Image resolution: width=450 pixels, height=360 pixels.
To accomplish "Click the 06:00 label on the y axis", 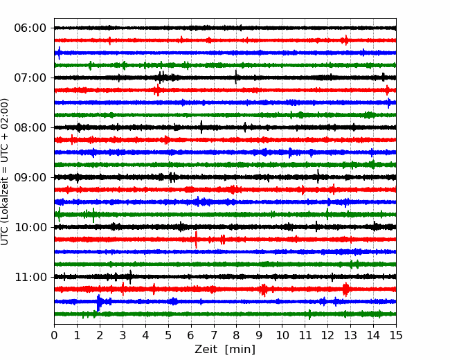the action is [30, 28].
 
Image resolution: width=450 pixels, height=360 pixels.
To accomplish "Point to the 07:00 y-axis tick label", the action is [30, 78].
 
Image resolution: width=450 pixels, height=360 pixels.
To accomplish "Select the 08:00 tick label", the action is [30, 128].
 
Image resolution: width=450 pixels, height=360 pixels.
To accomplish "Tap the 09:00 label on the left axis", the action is [30, 178].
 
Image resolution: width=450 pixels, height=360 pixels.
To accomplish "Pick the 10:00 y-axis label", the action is [30, 227].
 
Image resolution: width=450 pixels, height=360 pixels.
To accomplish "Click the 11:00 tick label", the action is [30, 278].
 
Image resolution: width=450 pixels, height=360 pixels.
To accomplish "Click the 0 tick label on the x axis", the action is [54, 335].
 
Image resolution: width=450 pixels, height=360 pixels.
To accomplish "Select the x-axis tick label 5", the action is [168, 335].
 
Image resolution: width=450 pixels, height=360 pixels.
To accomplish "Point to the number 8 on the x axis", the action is [237, 335].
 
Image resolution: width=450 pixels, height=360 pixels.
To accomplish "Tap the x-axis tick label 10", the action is [282, 335].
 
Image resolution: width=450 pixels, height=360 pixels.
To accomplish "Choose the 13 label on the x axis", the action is [350, 335].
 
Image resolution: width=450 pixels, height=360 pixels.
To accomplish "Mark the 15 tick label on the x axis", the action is [396, 335].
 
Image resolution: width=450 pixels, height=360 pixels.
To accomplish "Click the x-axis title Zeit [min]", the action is [225, 350].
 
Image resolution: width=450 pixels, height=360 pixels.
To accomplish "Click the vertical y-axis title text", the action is [4, 172].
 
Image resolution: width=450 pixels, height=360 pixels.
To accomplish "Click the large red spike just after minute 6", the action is [196, 240].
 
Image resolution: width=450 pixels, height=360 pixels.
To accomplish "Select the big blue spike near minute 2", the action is [98, 303].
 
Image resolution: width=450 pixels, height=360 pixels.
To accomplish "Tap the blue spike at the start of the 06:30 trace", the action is [59, 53].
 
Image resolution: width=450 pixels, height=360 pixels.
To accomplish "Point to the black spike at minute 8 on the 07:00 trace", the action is [236, 77].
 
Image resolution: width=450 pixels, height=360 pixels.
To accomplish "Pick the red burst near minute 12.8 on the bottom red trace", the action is [346, 289].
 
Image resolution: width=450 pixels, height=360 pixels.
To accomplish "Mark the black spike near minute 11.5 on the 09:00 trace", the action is [318, 177].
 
